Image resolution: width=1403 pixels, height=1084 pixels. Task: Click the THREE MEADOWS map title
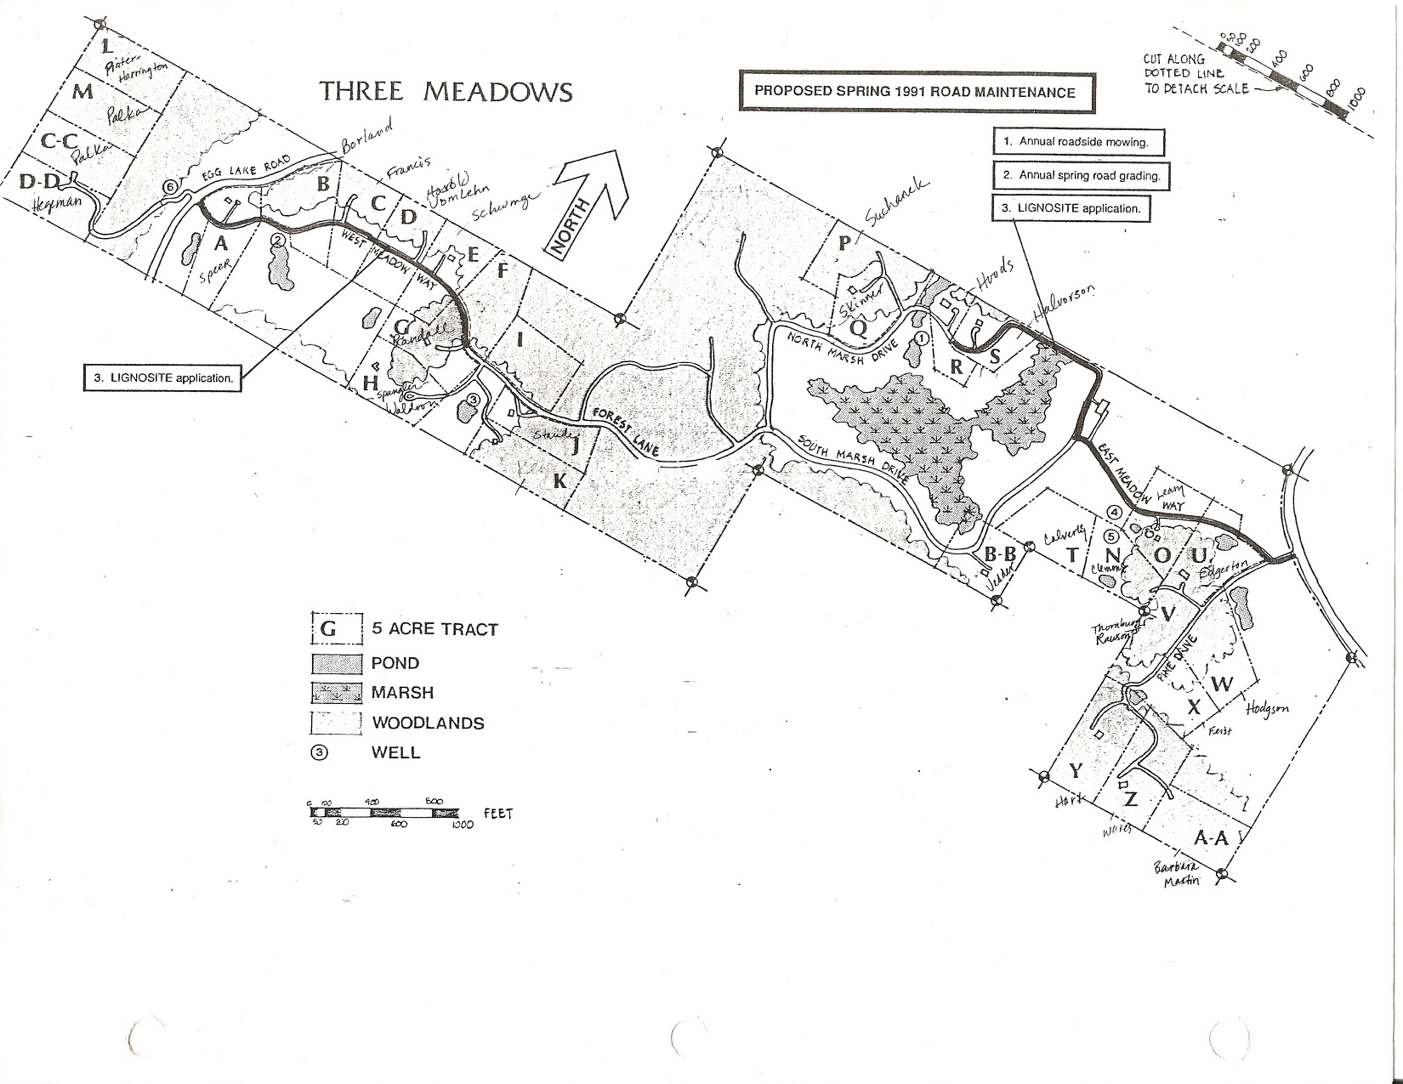(x=446, y=92)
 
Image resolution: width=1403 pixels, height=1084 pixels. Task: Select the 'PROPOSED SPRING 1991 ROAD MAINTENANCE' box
(x=915, y=92)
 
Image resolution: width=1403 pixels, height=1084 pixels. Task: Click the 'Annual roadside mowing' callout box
(x=1078, y=142)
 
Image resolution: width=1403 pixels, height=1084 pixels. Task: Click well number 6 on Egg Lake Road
(x=170, y=187)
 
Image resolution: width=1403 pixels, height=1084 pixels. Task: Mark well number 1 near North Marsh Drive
(x=922, y=338)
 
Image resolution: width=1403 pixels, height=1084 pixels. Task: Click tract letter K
(x=559, y=480)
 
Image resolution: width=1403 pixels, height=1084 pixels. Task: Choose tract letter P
(x=844, y=243)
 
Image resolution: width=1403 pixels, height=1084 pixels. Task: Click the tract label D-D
(x=40, y=181)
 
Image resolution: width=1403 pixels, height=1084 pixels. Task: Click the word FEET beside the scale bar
(x=497, y=814)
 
